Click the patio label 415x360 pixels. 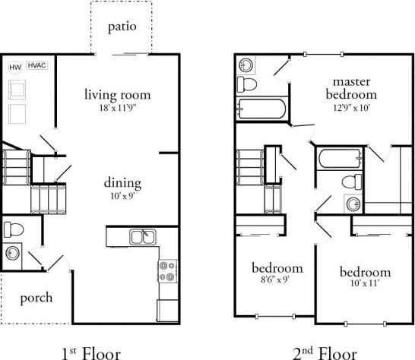122,27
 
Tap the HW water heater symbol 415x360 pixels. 14,67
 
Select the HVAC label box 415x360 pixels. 36,66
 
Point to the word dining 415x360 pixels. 123,182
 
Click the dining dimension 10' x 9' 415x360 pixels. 123,196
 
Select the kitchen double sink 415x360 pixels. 141,237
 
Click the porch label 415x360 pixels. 36,297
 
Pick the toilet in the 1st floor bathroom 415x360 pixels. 13,229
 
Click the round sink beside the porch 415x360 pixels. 14,253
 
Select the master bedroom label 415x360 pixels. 351,87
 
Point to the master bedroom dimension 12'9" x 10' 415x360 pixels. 351,107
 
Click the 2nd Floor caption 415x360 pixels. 325,352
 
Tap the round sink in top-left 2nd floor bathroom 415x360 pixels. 247,64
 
